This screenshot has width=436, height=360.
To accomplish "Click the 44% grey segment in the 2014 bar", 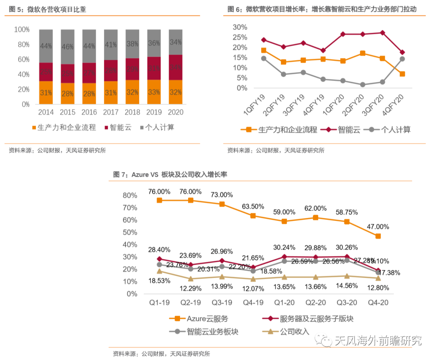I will click(46, 46).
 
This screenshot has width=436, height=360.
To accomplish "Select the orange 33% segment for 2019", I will click(153, 92).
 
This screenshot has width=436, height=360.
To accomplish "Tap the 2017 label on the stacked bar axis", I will click(111, 112).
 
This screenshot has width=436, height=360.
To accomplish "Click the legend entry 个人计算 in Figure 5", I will click(156, 128).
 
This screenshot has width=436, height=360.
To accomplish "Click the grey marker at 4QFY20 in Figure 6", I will click(402, 59).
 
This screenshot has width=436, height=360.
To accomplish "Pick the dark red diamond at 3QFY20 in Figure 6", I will click(382, 33).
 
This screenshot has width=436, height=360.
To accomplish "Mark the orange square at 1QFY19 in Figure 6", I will click(264, 51).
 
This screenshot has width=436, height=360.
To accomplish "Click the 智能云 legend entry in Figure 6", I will click(342, 130).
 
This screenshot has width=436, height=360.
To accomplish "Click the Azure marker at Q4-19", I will click(253, 216).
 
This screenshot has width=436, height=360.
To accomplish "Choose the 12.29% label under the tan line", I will click(191, 288).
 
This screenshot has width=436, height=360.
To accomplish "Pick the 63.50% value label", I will click(253, 207).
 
